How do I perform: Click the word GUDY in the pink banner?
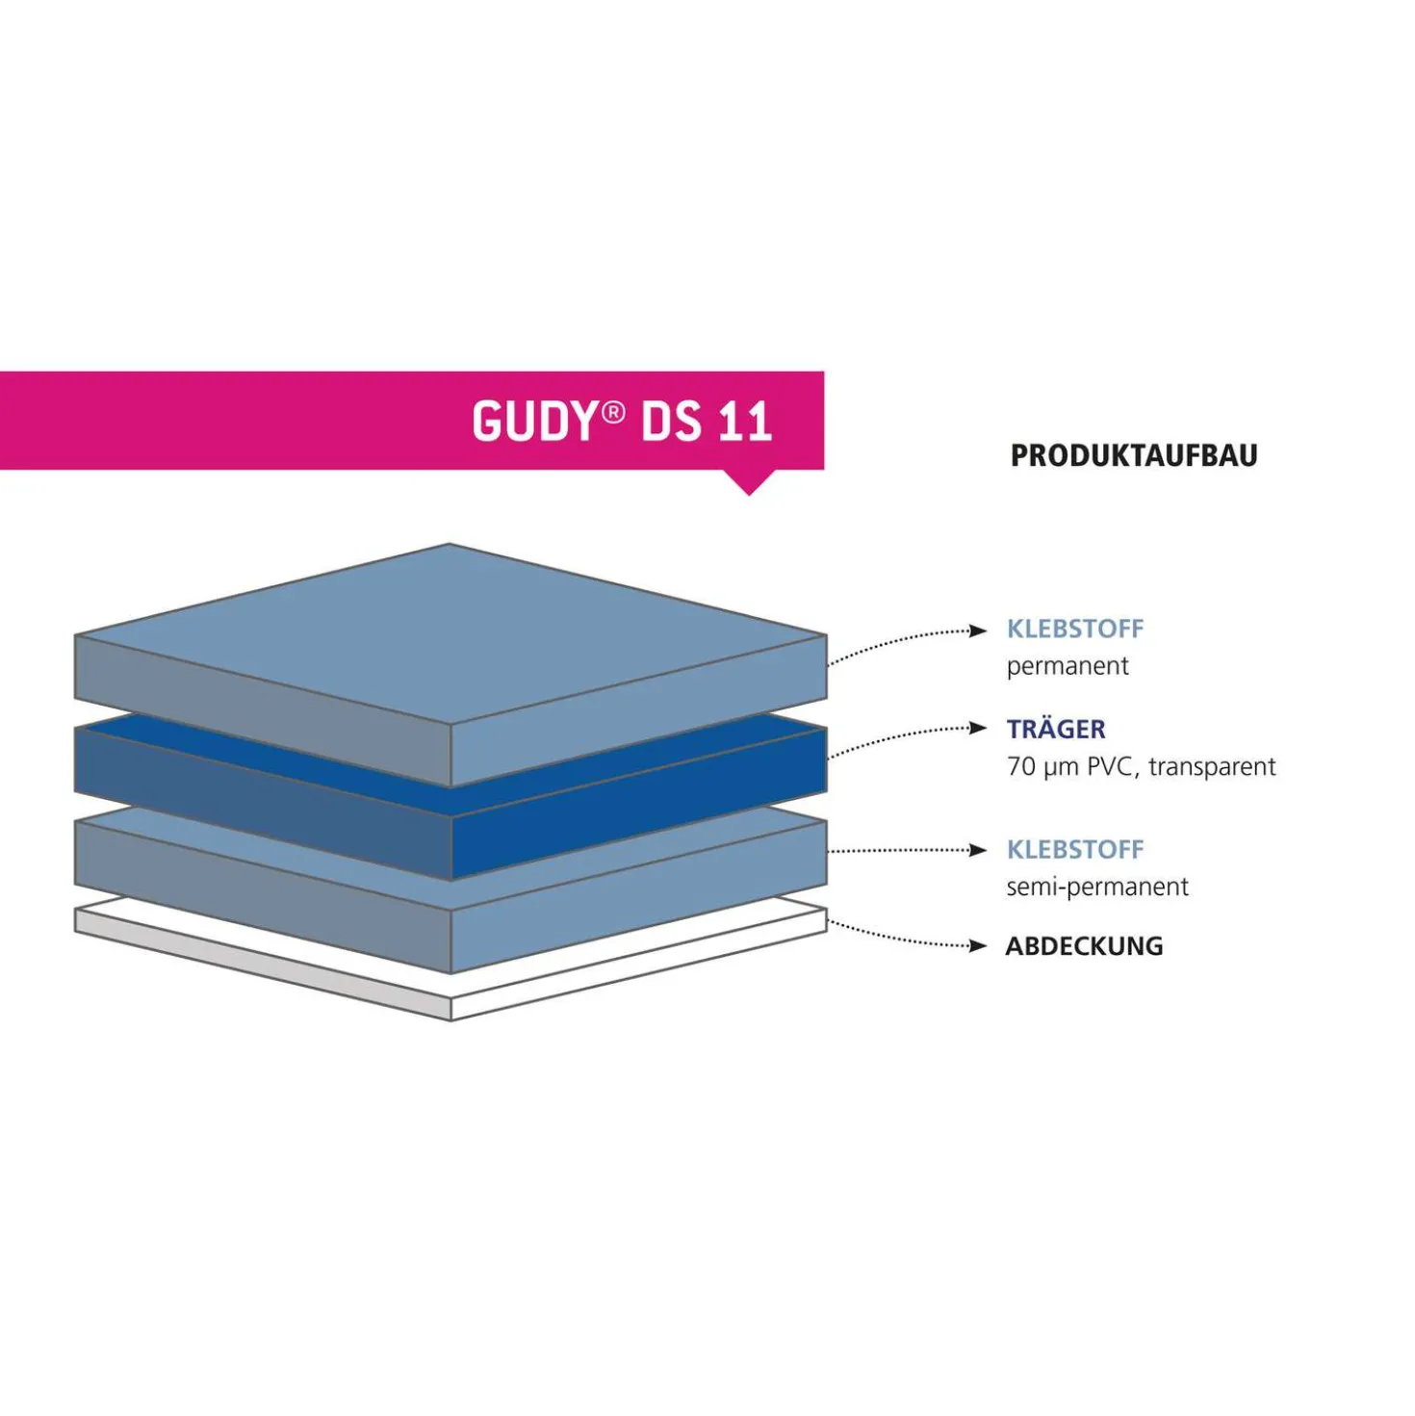tap(532, 421)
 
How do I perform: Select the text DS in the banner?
tap(671, 421)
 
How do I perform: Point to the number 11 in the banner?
tap(746, 421)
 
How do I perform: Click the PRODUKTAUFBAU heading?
tap(1134, 455)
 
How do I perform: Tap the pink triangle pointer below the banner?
tap(749, 482)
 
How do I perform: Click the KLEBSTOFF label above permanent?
tap(1074, 629)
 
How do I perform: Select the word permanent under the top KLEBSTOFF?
tap(1067, 666)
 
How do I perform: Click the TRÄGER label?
tap(1056, 729)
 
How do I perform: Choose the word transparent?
tap(1212, 767)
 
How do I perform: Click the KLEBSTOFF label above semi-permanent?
tap(1074, 849)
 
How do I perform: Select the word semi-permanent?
tap(1096, 887)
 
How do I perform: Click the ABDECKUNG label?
tap(1084, 945)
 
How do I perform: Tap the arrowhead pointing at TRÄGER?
tap(978, 728)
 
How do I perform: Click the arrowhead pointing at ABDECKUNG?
tap(978, 945)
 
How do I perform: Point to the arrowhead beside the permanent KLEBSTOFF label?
tap(978, 630)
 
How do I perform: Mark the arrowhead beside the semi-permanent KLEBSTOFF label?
tap(978, 850)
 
